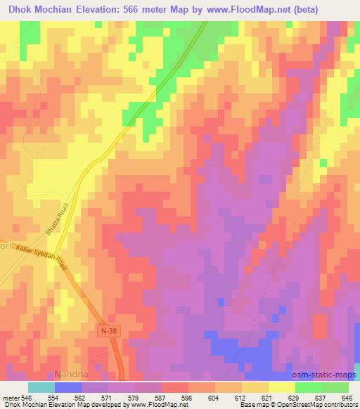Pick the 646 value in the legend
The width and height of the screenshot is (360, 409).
click(x=347, y=397)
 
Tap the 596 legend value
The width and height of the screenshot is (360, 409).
click(x=187, y=397)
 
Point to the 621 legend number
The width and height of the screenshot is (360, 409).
click(x=266, y=397)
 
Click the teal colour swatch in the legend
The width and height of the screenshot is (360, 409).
click(x=41, y=387)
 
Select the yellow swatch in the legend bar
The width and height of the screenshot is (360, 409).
click(x=281, y=387)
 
